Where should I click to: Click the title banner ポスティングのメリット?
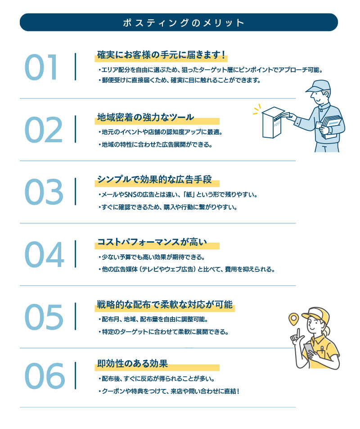pyautogui.click(x=179, y=22)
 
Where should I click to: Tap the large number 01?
pyautogui.click(x=41, y=67)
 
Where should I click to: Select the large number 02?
pyautogui.click(x=44, y=130)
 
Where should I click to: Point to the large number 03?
pyautogui.click(x=44, y=192)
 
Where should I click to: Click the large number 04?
pyautogui.click(x=44, y=254)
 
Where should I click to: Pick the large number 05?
pyautogui.click(x=44, y=316)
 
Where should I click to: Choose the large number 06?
pyautogui.click(x=45, y=375)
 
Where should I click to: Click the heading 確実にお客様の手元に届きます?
pyautogui.click(x=162, y=55)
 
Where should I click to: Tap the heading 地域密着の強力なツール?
pyautogui.click(x=145, y=117)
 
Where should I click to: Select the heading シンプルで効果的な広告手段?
pyautogui.click(x=154, y=180)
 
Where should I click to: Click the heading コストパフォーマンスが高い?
pyautogui.click(x=152, y=242)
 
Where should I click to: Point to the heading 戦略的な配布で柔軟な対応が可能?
pyautogui.click(x=165, y=304)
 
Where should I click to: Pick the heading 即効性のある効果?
pyautogui.click(x=132, y=364)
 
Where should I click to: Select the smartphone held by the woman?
pyautogui.click(x=309, y=350)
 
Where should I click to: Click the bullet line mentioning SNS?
pyautogui.click(x=178, y=195)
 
